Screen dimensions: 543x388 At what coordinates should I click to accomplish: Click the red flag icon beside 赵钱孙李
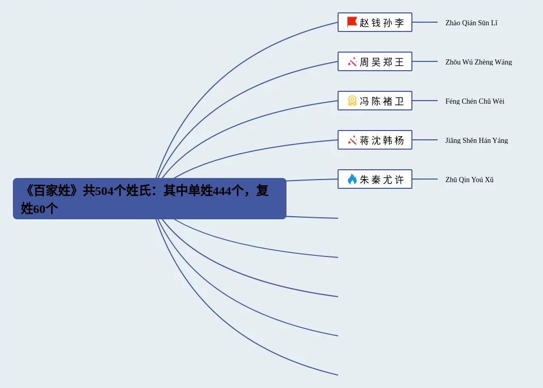pyautogui.click(x=352, y=22)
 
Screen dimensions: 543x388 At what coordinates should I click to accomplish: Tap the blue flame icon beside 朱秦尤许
pyautogui.click(x=352, y=179)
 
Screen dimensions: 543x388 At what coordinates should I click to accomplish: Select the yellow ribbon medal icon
pyautogui.click(x=352, y=101)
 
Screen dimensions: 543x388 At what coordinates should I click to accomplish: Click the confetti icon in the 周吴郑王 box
pyautogui.click(x=352, y=62)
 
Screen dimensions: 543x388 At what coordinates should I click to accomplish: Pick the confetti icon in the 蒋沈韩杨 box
pyautogui.click(x=352, y=140)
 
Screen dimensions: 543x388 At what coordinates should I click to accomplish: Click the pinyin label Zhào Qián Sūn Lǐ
pyautogui.click(x=471, y=23)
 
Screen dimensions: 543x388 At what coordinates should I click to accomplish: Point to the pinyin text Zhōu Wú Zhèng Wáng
pyautogui.click(x=478, y=62)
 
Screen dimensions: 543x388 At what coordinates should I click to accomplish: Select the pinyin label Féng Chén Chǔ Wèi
pyautogui.click(x=474, y=102)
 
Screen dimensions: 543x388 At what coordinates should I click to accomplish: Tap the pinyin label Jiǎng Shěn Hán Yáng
pyautogui.click(x=476, y=141)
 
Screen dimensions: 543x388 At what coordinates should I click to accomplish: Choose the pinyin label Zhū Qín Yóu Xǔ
pyautogui.click(x=469, y=180)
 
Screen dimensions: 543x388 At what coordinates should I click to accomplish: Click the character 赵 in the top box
pyautogui.click(x=364, y=23)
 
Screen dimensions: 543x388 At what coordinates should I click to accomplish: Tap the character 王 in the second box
pyautogui.click(x=400, y=62)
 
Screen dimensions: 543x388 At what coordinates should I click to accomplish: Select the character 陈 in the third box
pyautogui.click(x=376, y=102)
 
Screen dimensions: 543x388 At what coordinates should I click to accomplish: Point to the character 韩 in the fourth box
pyautogui.click(x=388, y=141)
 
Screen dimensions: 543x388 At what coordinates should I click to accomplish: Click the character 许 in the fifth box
pyautogui.click(x=400, y=180)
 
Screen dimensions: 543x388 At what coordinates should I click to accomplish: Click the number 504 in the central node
pyautogui.click(x=104, y=191)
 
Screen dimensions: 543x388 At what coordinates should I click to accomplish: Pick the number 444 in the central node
pyautogui.click(x=222, y=191)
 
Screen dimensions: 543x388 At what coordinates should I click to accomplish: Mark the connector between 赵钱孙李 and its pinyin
pyautogui.click(x=425, y=22)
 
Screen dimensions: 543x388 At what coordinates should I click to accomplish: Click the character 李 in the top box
pyautogui.click(x=400, y=23)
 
